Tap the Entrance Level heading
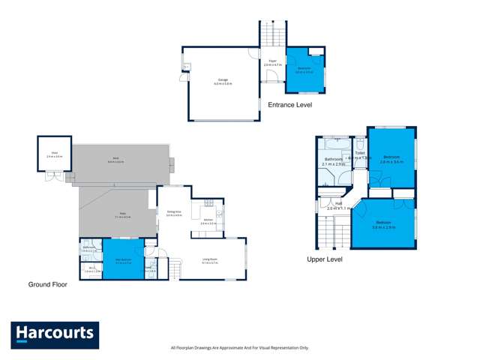point(289,105)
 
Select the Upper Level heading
point(324,259)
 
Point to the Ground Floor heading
point(47,284)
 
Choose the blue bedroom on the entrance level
point(304,70)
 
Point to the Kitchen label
point(208,221)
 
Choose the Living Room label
point(209,260)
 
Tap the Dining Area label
point(172,213)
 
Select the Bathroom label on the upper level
point(333,160)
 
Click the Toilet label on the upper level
point(360,153)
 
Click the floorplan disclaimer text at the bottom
point(239,348)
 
